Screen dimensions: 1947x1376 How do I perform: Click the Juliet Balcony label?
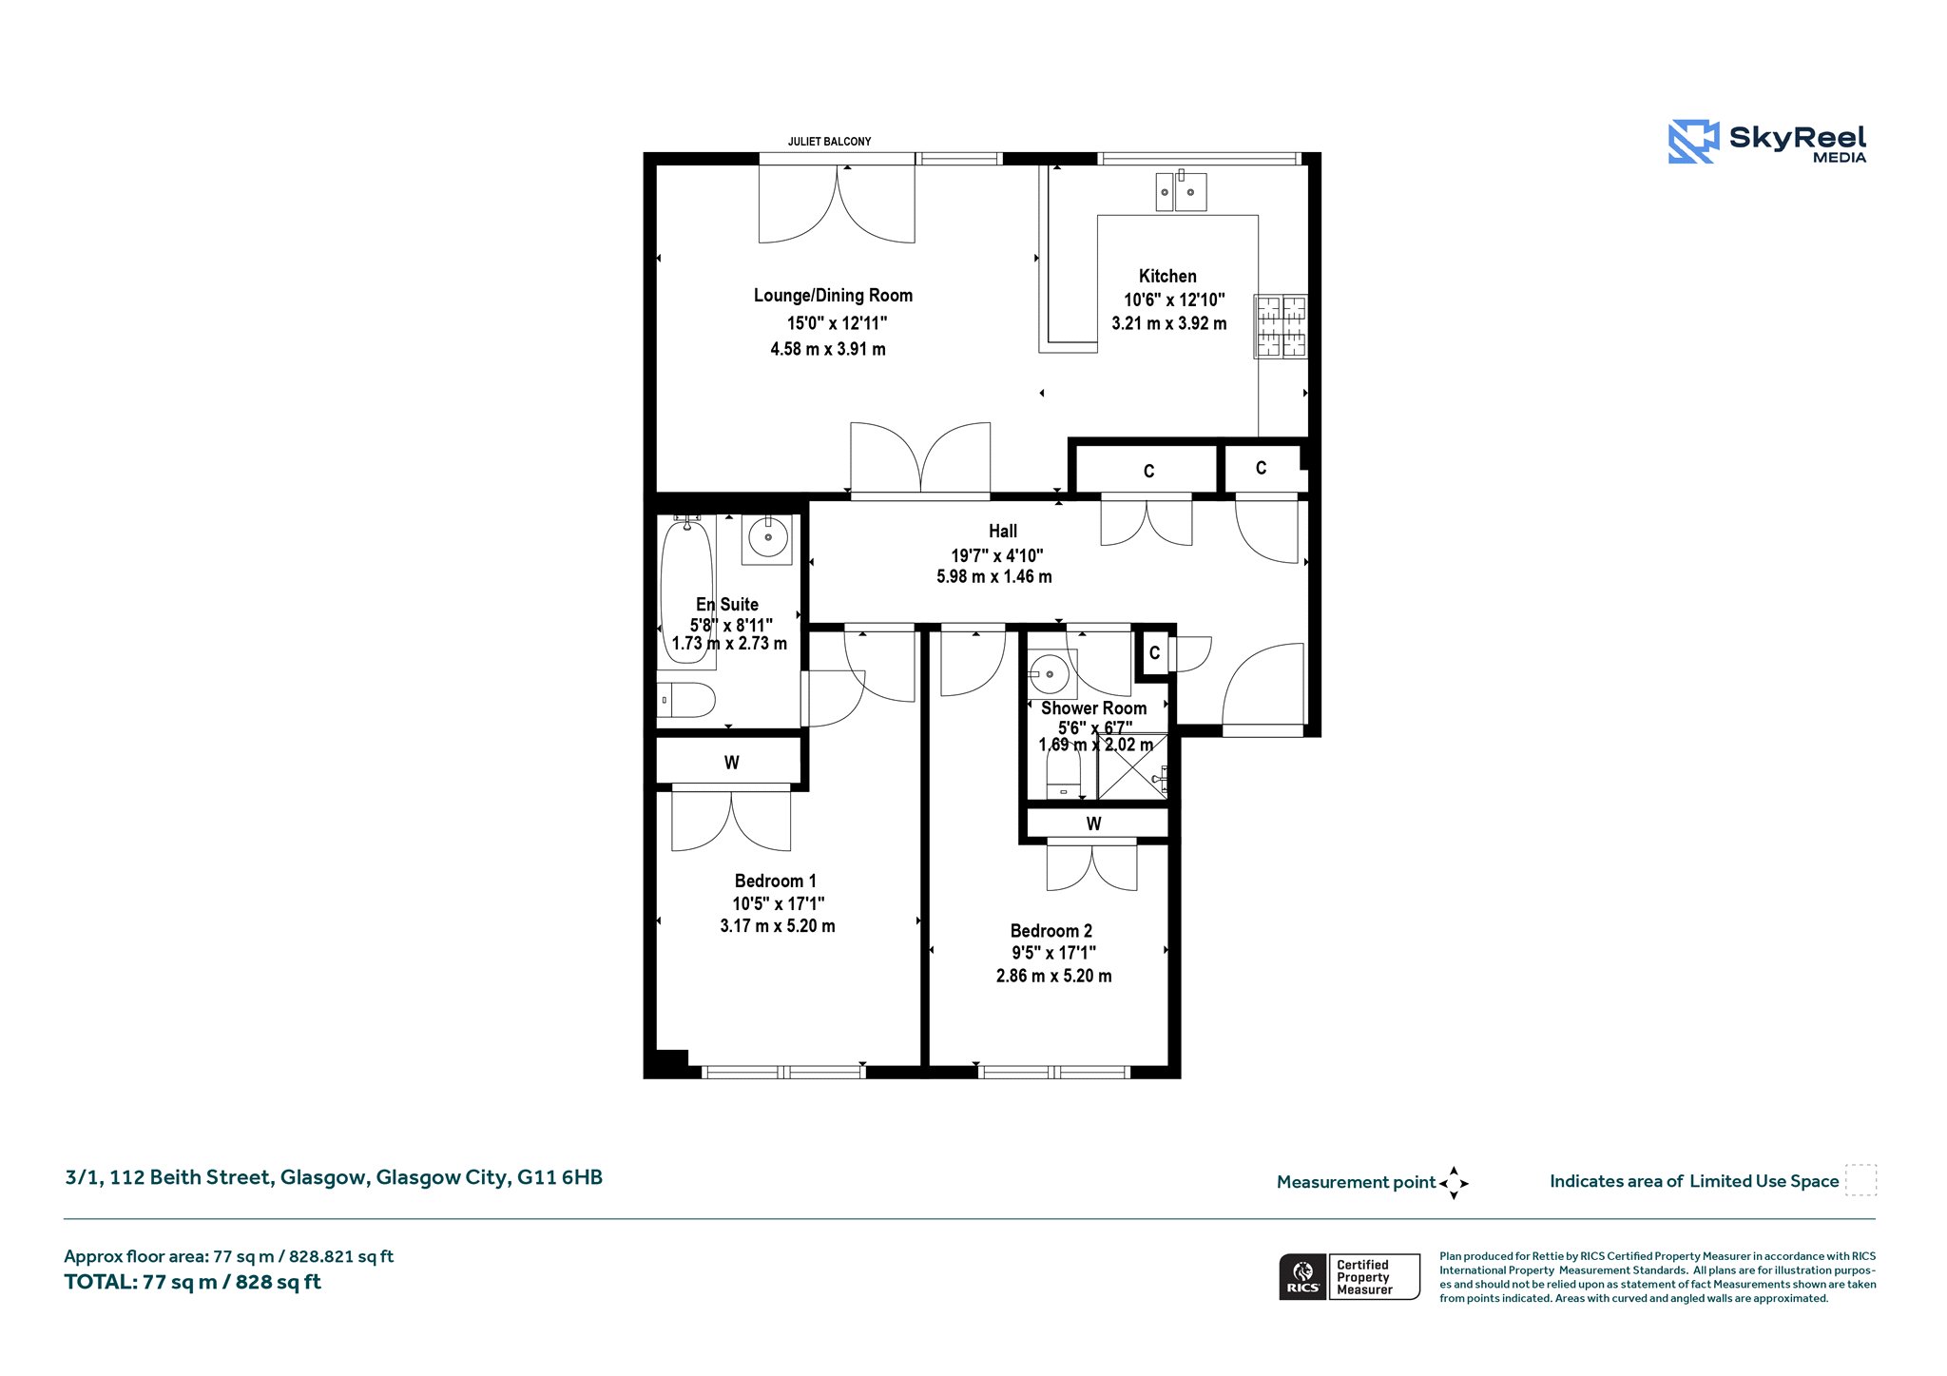coord(829,142)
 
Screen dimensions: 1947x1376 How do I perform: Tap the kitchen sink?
coord(1181,191)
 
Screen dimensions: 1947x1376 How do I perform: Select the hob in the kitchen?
coord(1281,326)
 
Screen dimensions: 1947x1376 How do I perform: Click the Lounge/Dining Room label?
coord(833,296)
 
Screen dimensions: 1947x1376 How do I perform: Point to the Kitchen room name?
coord(1167,276)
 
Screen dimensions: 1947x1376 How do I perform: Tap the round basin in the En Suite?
coord(767,538)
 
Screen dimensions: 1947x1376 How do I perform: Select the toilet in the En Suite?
coord(685,701)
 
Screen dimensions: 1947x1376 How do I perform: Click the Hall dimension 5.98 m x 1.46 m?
coord(994,576)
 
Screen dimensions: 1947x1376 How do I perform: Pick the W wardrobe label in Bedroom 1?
coord(731,763)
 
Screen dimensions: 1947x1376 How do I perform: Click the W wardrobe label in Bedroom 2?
coord(1093,824)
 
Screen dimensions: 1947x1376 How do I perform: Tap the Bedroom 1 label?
coord(775,882)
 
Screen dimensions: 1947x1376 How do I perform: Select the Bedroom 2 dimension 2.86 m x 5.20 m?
coord(1053,976)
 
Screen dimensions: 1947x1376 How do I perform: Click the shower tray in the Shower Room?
coord(1132,766)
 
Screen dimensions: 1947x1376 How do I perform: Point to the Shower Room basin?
coord(1050,674)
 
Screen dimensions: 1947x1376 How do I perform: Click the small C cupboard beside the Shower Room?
coord(1154,653)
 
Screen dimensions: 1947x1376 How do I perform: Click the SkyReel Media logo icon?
coord(1693,142)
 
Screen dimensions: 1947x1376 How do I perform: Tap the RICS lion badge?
coord(1303,1276)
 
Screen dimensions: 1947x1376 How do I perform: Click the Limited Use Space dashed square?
coord(1860,1180)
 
